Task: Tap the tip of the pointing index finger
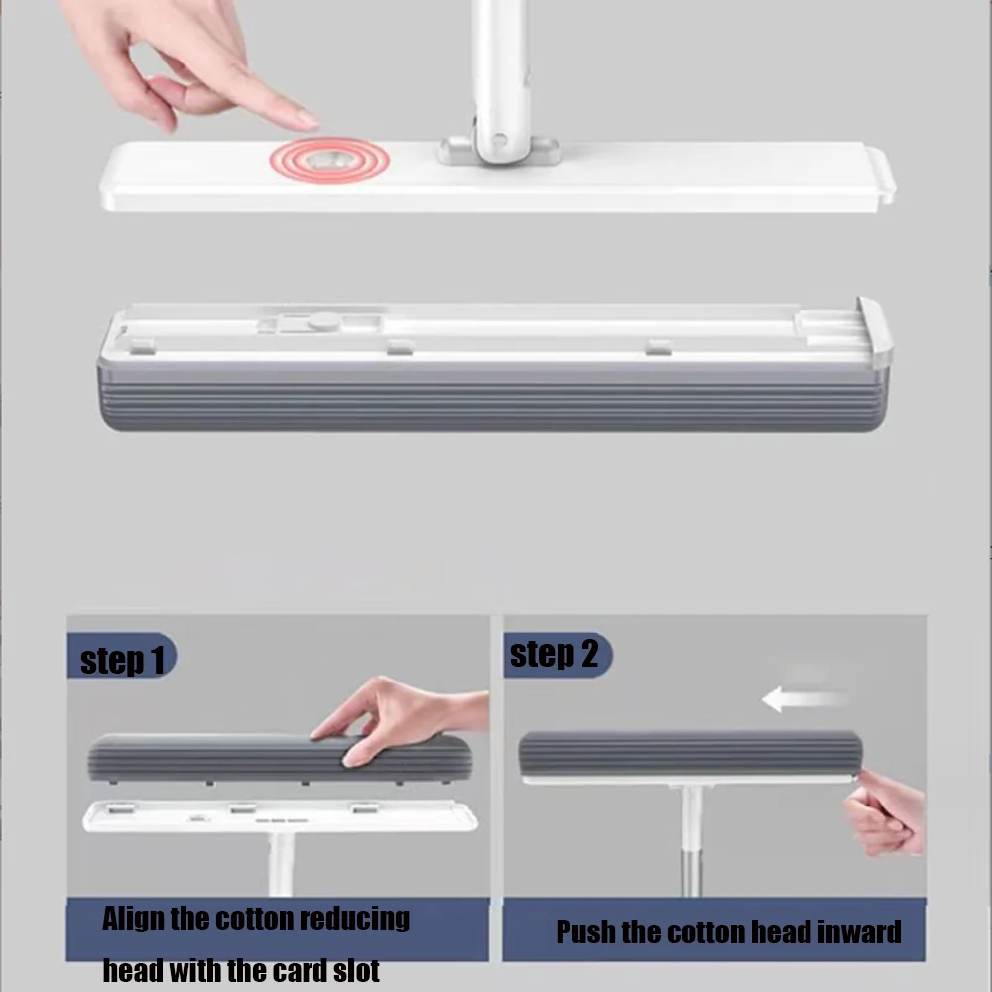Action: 310,121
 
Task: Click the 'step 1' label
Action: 121,660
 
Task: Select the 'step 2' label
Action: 555,655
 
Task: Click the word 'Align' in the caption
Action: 134,919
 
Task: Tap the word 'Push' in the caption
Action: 585,932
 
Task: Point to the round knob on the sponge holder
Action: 320,321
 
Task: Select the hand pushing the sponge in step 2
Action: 885,813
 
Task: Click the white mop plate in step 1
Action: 278,815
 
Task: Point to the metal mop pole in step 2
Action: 691,843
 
